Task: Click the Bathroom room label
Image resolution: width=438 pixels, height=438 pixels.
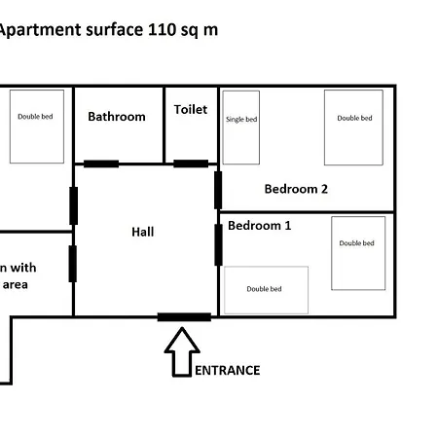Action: coord(117,117)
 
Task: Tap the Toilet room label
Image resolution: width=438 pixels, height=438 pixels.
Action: coord(191,109)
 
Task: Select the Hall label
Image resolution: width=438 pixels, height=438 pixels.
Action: coord(143,232)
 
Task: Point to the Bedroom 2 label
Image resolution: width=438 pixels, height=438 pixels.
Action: coord(296,189)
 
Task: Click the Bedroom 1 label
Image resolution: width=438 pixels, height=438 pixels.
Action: coord(260,226)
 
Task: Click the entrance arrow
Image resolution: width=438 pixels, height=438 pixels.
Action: coord(182,352)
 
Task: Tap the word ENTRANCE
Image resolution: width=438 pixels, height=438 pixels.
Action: coord(227,370)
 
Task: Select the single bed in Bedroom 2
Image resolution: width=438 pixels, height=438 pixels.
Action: coord(241,128)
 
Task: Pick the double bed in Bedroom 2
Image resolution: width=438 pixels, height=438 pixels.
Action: coord(353,128)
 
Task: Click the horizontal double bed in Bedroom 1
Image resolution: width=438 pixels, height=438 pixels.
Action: coord(266,290)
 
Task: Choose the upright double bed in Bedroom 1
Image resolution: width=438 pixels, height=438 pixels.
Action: coord(358,253)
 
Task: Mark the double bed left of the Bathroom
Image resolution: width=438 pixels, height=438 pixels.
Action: coord(37,127)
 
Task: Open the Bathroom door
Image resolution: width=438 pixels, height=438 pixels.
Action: coord(101,164)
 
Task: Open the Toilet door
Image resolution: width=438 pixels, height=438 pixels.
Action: coord(191,164)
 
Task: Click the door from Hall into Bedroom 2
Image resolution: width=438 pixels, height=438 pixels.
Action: coord(218,190)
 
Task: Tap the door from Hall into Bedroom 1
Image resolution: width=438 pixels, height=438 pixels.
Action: coord(218,245)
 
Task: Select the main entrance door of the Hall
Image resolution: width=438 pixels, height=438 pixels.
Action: coord(184,317)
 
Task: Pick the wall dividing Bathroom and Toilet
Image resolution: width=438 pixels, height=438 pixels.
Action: coord(164,126)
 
